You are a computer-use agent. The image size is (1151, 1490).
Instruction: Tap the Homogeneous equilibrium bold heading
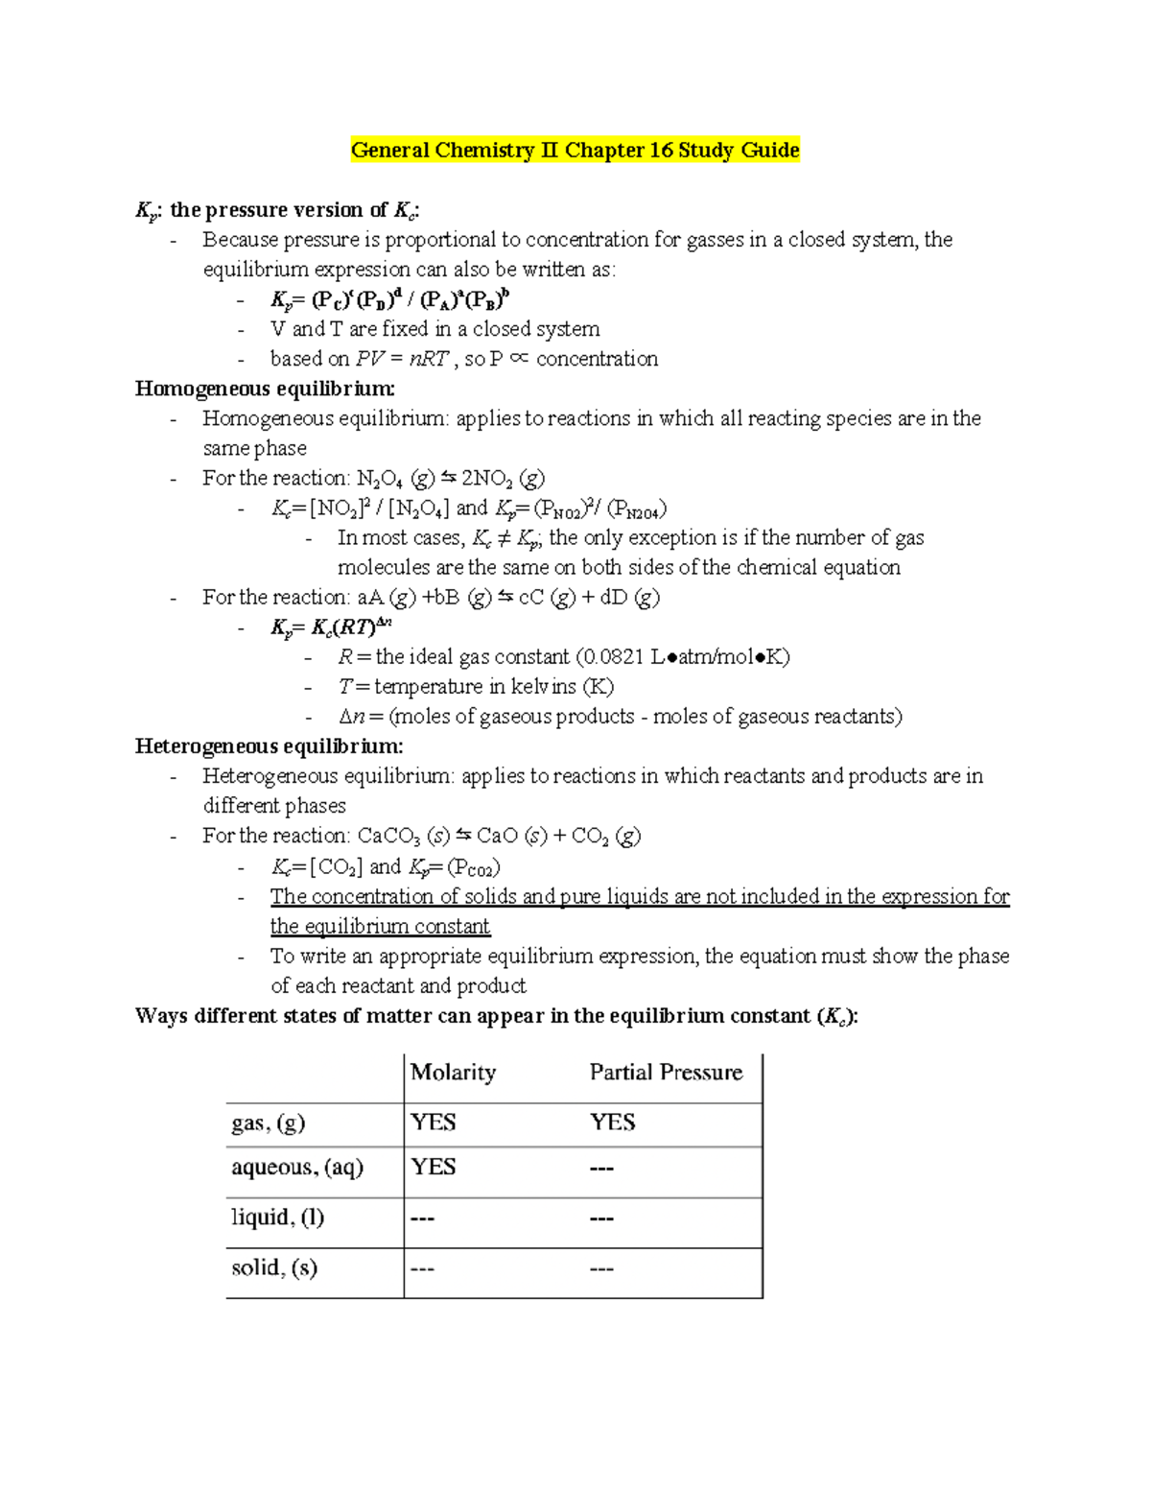265,389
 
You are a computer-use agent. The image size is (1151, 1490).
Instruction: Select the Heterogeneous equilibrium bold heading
269,746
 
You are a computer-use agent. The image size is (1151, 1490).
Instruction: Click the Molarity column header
453,1073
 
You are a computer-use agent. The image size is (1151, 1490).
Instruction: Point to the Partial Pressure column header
666,1073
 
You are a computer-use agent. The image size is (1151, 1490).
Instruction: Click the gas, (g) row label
268,1123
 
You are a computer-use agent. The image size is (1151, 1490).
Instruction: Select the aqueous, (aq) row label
297,1168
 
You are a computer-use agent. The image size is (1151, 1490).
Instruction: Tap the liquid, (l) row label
277,1218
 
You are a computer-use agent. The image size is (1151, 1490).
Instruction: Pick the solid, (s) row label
273,1268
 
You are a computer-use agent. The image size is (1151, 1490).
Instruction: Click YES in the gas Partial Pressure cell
612,1123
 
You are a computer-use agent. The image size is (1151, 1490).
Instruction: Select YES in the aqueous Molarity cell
433,1167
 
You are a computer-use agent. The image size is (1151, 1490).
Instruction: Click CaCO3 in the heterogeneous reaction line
388,837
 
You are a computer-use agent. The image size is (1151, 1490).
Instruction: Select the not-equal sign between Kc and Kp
505,538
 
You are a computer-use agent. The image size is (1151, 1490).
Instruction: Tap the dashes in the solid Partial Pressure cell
601,1269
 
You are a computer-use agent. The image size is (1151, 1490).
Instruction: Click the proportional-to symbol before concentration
519,359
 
